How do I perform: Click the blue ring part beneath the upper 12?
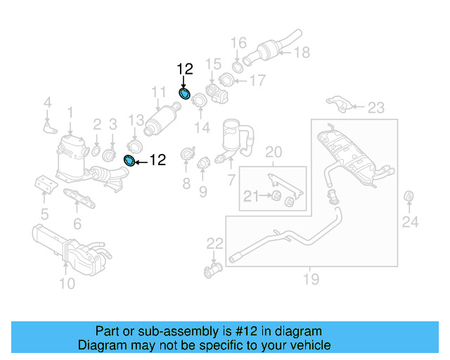click(x=185, y=94)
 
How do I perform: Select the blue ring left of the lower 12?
click(x=129, y=161)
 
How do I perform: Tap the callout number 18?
click(x=302, y=52)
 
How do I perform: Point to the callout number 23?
click(x=376, y=108)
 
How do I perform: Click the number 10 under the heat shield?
click(x=66, y=283)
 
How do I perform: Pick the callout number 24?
click(x=410, y=223)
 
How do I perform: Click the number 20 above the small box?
click(x=273, y=152)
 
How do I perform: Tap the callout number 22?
click(x=214, y=244)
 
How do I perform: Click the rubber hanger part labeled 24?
click(x=409, y=195)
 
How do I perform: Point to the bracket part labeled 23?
click(x=339, y=103)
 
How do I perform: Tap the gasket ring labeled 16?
click(x=238, y=67)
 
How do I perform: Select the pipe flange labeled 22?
click(x=214, y=269)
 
